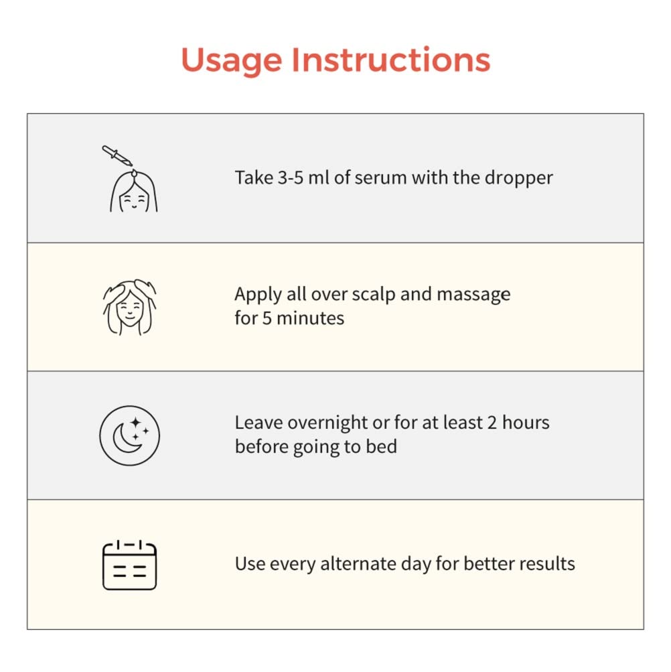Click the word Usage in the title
point(232,61)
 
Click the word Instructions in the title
point(391,59)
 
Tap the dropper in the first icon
point(117,155)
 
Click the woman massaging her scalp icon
point(129,307)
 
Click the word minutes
point(310,318)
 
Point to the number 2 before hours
point(492,423)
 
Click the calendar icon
point(129,565)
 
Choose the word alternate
point(358,564)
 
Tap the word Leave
point(258,423)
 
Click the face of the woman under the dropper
point(134,200)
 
